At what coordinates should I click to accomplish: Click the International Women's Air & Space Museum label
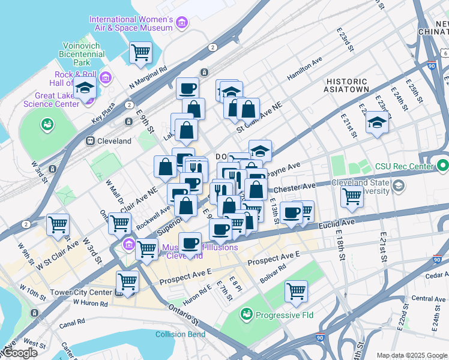click(131, 23)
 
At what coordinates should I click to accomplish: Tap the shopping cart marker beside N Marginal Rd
click(140, 52)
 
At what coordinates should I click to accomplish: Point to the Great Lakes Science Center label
click(51, 99)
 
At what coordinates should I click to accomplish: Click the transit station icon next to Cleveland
click(91, 141)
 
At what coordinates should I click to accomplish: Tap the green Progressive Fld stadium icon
click(246, 314)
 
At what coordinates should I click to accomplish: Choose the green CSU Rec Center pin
click(443, 165)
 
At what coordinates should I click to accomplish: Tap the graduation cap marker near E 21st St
click(376, 124)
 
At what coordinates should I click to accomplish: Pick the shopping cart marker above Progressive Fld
click(296, 291)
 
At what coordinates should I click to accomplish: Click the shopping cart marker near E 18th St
click(351, 196)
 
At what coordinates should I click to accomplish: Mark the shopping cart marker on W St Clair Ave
click(58, 225)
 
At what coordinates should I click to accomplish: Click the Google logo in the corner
click(19, 352)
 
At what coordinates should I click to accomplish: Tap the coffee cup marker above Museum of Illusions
click(190, 243)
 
